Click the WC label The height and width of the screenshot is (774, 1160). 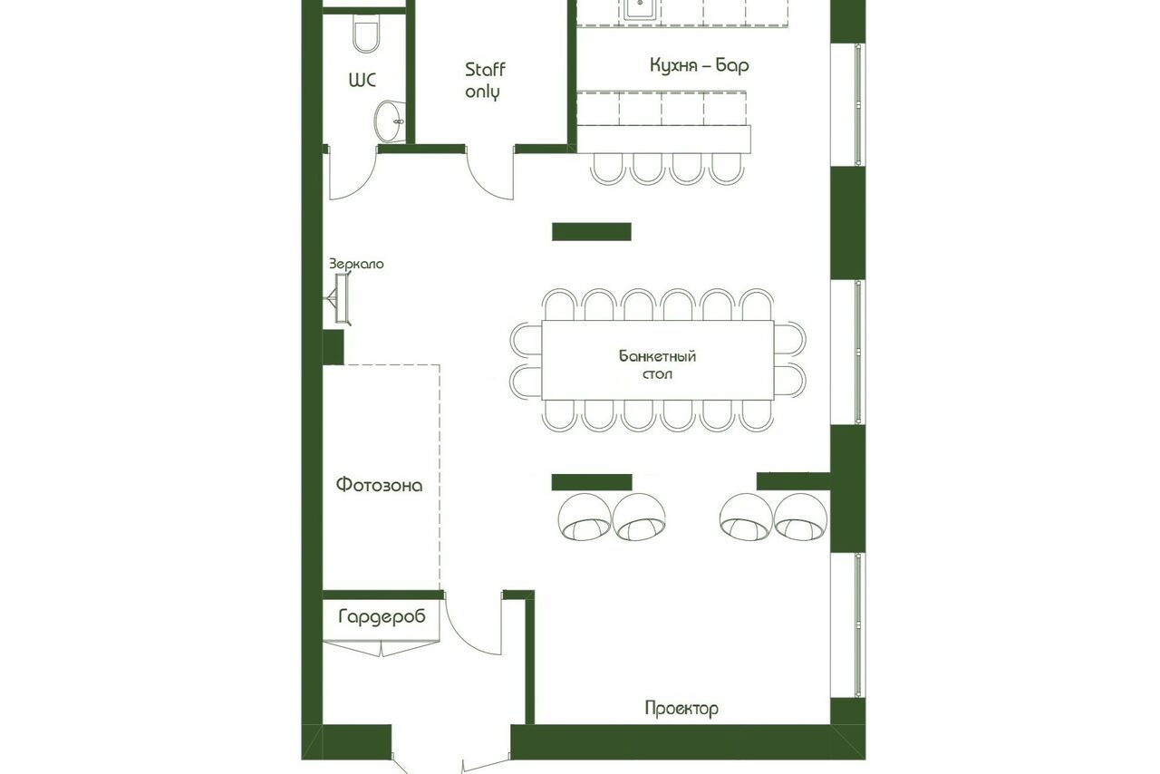point(362,81)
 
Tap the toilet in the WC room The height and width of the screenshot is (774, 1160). point(367,34)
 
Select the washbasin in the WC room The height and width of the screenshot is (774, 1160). point(390,121)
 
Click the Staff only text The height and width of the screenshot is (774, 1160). point(485,81)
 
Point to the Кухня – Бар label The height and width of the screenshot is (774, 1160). point(699,66)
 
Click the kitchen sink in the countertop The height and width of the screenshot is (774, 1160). point(642,9)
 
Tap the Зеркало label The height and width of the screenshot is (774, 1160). point(357,265)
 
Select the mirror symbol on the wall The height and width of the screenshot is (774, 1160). point(340,298)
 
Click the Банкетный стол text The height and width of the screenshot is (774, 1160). point(657,364)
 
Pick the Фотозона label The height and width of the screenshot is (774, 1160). point(380,486)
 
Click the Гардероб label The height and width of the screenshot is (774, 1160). point(382,616)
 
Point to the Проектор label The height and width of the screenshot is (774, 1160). point(681,708)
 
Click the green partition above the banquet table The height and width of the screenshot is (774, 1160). point(592,232)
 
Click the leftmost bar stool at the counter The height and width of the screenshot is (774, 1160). point(608,169)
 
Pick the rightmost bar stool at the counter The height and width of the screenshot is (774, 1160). point(727,169)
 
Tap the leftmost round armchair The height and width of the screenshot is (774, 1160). point(585,517)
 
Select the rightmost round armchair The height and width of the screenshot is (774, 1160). point(800,517)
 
